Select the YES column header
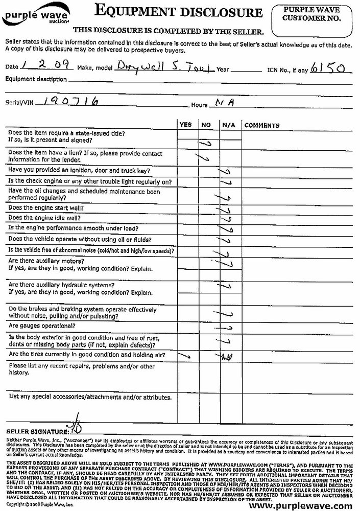tap(186, 125)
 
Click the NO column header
tap(206, 125)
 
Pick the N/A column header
tap(227, 125)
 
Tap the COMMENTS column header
tap(262, 125)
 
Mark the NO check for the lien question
tap(204, 157)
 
